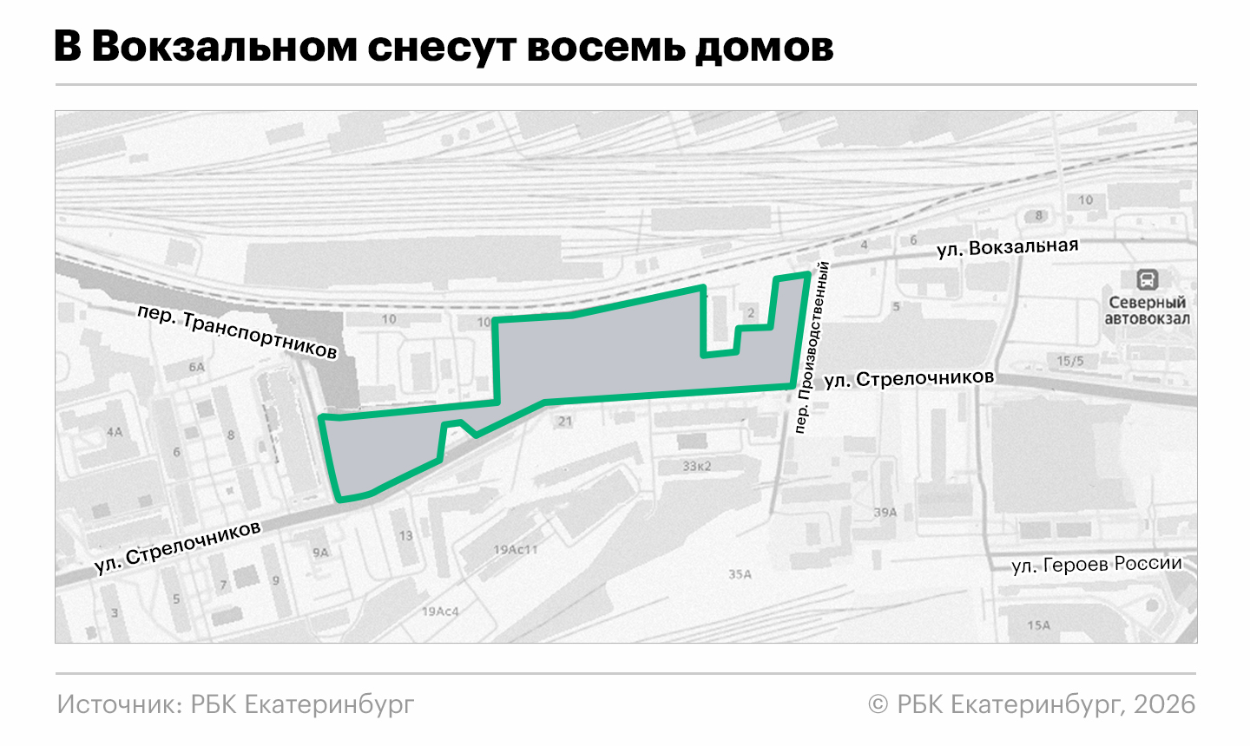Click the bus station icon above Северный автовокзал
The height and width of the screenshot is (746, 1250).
point(1147,279)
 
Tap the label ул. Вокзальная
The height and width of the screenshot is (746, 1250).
point(1007,248)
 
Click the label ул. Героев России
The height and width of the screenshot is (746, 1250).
point(1096,565)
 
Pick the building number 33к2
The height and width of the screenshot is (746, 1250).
point(696,466)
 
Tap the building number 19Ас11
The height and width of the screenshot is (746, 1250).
point(516,549)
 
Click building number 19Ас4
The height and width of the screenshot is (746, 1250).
point(440,612)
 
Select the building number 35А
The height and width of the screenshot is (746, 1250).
point(740,574)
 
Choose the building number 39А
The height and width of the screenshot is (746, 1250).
point(885,513)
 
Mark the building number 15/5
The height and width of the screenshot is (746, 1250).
point(1069,361)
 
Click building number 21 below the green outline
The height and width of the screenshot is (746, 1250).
point(565,422)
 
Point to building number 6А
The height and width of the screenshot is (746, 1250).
point(197,367)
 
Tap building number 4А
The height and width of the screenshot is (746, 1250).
point(115,431)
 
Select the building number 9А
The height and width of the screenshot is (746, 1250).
point(321,552)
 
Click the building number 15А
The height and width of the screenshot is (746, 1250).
point(1038,625)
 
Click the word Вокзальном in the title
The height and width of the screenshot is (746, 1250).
point(224,47)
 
